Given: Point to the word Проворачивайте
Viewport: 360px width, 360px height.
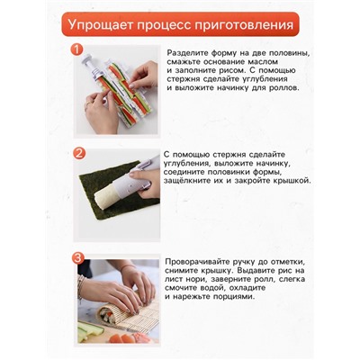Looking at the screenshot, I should [x=208, y=262].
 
